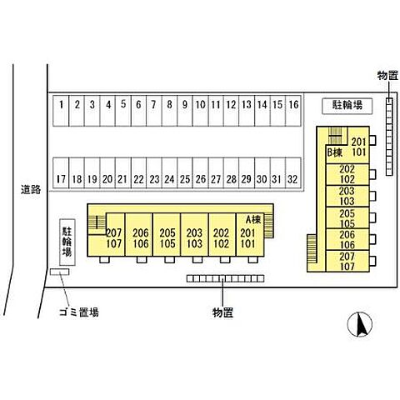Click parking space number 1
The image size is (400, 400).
(61, 111)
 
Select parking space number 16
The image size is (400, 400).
(293, 111)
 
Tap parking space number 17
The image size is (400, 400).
(61, 173)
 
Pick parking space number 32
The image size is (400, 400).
(293, 173)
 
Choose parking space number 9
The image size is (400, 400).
(185, 111)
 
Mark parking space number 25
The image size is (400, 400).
(185, 173)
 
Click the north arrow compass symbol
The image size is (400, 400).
(360, 324)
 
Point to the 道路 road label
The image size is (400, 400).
(31, 189)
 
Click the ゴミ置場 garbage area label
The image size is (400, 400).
(79, 312)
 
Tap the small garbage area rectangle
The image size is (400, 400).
(59, 272)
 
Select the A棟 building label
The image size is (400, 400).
(253, 220)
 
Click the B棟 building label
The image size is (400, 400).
(335, 152)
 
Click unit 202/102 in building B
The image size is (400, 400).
(347, 174)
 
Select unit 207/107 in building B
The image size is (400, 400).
(347, 261)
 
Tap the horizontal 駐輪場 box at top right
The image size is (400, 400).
(347, 106)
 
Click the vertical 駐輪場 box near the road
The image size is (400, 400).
(67, 242)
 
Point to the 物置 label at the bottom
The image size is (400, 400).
(222, 312)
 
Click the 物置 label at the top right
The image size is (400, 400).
(388, 75)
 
